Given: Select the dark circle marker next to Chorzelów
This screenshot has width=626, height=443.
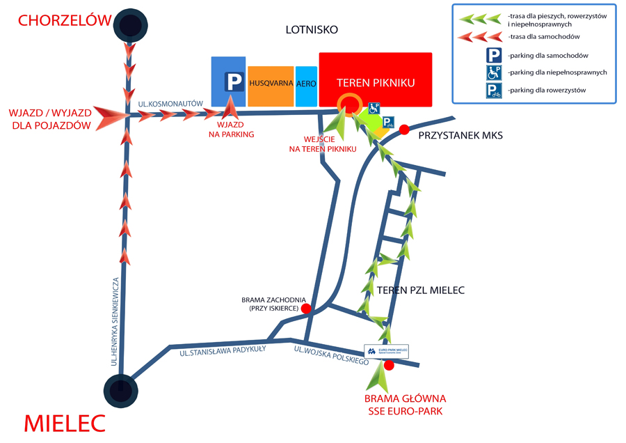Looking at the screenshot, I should [129, 26].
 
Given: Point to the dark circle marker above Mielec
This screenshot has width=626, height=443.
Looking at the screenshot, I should [120, 388].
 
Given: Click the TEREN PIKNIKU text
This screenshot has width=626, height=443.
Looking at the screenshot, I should [376, 83].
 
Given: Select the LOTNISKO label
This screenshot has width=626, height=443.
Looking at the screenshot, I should [312, 29].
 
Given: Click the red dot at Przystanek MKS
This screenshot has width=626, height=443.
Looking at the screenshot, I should [404, 129].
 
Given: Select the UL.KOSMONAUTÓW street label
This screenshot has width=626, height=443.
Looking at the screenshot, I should [170, 104].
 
